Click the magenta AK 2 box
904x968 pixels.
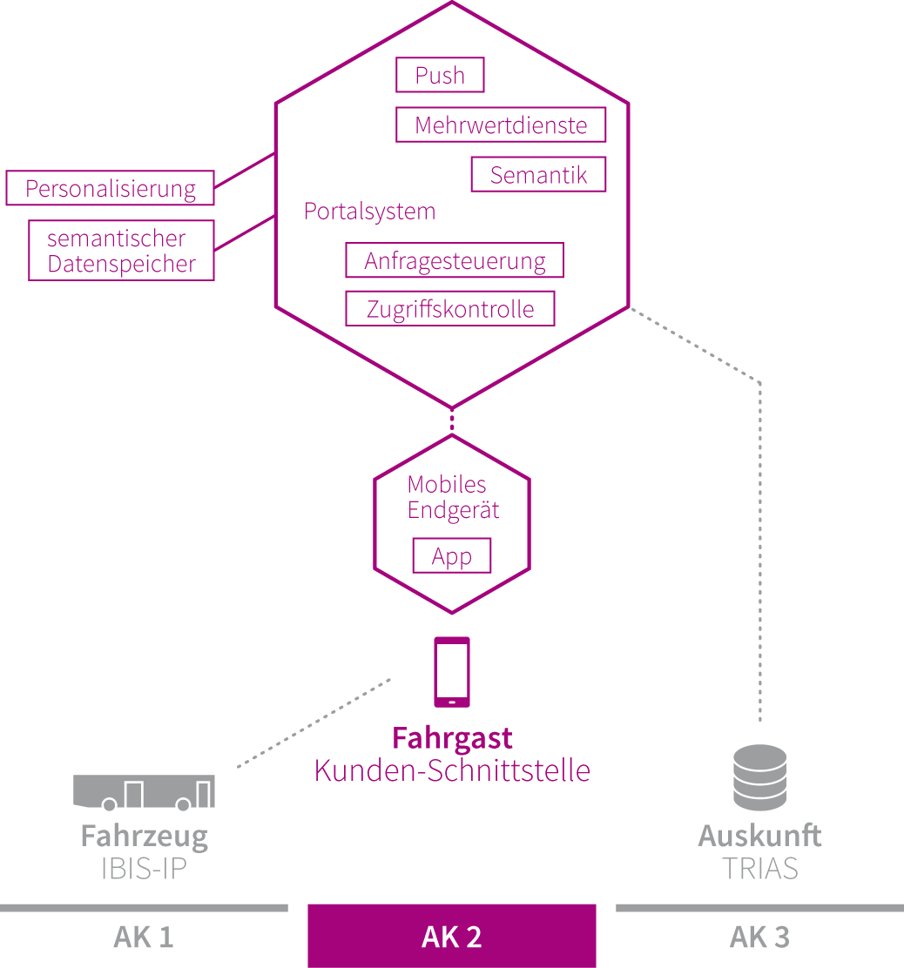(452, 937)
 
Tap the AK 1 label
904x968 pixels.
(143, 938)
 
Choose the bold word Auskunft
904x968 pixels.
(759, 836)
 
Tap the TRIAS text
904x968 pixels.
(759, 868)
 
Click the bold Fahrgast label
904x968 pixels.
(452, 738)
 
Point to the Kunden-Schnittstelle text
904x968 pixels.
(452, 770)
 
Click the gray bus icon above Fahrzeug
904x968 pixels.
(144, 791)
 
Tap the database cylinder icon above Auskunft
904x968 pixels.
(759, 776)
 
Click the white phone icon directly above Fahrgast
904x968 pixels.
(452, 671)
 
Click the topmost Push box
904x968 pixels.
(440, 75)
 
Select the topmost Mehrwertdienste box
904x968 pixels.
(501, 124)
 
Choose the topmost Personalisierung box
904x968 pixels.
(110, 188)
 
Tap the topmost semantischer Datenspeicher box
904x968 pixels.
(121, 251)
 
